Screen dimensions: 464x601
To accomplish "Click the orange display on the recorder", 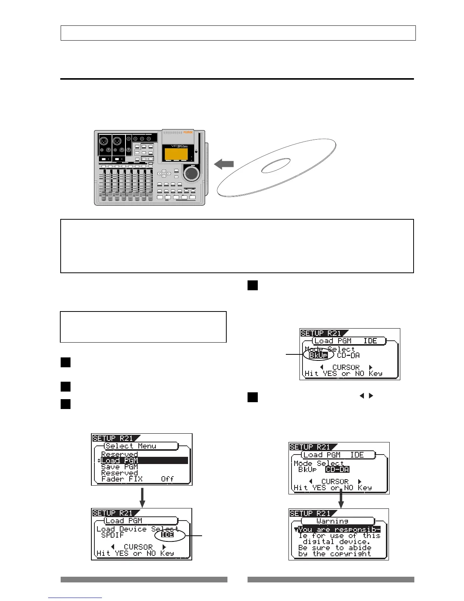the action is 176,154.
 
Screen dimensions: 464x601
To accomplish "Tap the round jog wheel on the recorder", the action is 191,173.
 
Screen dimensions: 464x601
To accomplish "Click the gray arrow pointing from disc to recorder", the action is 224,164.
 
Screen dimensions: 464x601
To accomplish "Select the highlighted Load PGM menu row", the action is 144,461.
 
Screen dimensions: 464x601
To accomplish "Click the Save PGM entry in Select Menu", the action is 119,467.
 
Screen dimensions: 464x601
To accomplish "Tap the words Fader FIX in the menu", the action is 122,479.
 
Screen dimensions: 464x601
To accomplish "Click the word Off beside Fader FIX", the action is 167,479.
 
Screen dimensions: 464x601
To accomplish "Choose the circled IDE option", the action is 167,535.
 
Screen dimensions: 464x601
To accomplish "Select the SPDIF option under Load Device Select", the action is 113,535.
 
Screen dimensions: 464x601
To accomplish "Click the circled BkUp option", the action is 318,356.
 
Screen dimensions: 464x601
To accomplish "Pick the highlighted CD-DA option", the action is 337,469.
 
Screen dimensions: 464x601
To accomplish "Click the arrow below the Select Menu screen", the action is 142,497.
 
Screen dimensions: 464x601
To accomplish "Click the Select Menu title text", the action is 131,446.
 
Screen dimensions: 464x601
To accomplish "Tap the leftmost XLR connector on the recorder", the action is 103,142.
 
